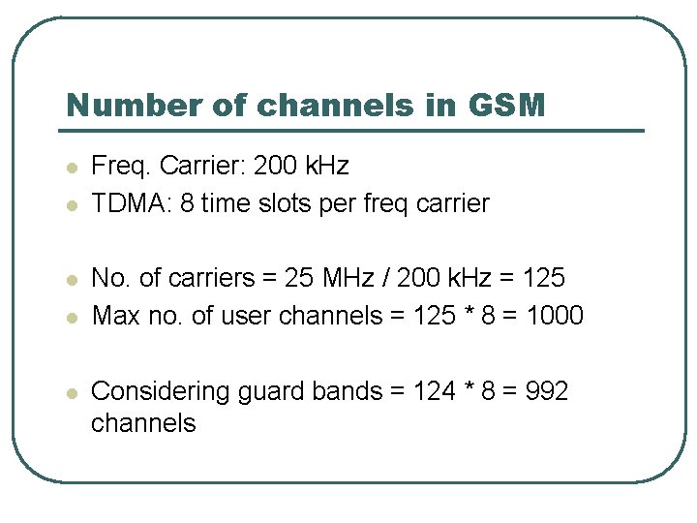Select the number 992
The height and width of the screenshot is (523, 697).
pos(545,391)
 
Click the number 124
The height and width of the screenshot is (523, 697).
pos(433,391)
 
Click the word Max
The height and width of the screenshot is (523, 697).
pos(112,316)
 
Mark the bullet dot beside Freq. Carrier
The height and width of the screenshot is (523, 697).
pos(71,168)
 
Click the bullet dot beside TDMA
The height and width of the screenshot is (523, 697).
pos(71,205)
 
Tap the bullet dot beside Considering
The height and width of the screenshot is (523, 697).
pos(71,393)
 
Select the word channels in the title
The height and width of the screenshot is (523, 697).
pos(336,105)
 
